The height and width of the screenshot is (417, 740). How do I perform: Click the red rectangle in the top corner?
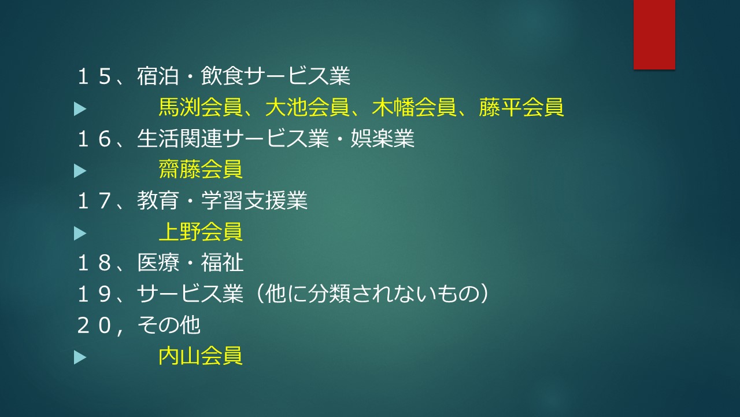tap(654, 34)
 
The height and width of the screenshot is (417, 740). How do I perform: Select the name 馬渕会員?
tap(201, 107)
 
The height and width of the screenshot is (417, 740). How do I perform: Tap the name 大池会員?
tap(307, 107)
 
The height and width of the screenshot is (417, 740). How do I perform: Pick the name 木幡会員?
tap(415, 107)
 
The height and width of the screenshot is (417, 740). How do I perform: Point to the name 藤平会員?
tap(521, 107)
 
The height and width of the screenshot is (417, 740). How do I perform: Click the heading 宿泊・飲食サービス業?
tap(244, 76)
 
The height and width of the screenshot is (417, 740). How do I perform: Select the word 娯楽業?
tap(382, 138)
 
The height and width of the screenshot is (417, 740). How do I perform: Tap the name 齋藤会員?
tap(201, 169)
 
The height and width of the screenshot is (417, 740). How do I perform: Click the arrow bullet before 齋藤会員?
tap(80, 171)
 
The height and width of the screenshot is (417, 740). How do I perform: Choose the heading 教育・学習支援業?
tap(223, 200)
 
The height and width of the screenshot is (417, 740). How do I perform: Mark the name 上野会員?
tap(201, 231)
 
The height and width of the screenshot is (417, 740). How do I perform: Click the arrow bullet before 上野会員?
tap(80, 233)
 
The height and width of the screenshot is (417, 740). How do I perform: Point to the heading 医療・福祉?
tap(190, 263)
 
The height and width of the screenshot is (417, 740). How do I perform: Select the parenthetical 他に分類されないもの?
tap(372, 294)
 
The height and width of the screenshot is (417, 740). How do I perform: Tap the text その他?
tap(169, 325)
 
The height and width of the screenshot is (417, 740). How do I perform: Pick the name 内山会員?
tap(201, 356)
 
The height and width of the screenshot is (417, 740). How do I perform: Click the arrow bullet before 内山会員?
tap(80, 357)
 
